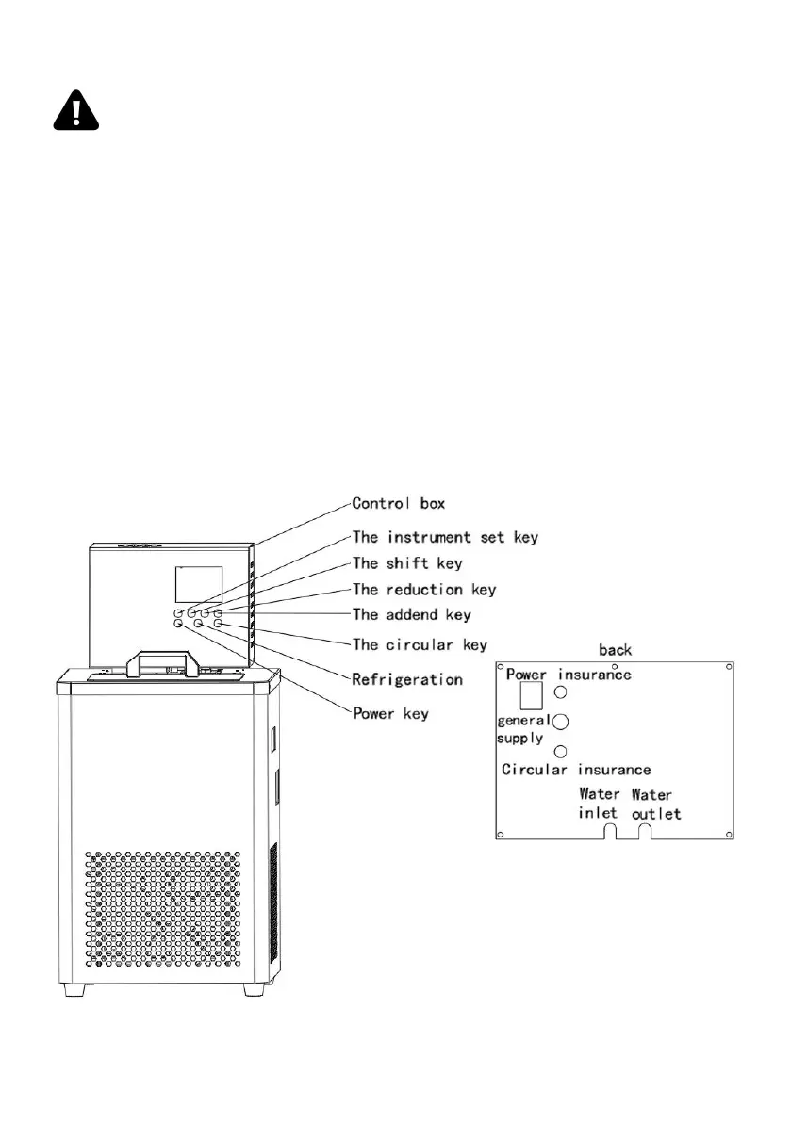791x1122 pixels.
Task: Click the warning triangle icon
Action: pos(76,112)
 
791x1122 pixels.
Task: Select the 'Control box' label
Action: pos(398,504)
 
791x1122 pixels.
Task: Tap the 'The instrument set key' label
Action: pos(445,538)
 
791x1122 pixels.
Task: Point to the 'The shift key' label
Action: pos(407,563)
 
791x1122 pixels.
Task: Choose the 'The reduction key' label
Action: pos(424,590)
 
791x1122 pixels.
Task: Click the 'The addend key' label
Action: pos(411,615)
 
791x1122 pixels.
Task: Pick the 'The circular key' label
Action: pos(420,645)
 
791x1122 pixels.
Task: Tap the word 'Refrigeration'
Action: pos(407,679)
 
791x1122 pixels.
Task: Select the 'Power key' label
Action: pos(390,713)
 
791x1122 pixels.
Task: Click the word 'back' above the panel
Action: pos(616,650)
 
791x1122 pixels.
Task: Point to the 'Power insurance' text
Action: pos(569,675)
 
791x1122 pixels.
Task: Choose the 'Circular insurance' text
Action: pos(576,770)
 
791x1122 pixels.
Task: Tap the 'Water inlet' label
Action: pos(600,804)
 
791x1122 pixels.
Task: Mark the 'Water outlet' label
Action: pos(655,804)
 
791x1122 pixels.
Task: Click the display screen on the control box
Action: pos(199,585)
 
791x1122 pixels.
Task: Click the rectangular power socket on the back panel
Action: pos(531,696)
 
